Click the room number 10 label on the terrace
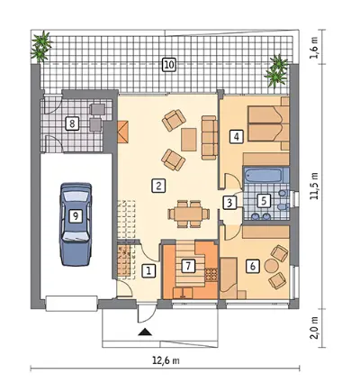[x=169, y=65]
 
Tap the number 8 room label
[x=72, y=123]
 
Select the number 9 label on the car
[x=76, y=215]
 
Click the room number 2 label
[x=158, y=186]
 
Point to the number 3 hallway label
[x=229, y=202]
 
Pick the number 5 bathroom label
[x=264, y=200]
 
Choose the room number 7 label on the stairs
[x=188, y=266]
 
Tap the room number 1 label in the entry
[x=148, y=270]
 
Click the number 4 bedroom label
[x=237, y=137]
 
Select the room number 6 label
[x=253, y=266]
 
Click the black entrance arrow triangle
[x=145, y=332]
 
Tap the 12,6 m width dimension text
[x=166, y=360]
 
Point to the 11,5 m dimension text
[x=315, y=187]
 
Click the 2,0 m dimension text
[x=315, y=328]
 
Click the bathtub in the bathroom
[x=263, y=175]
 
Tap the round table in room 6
[x=272, y=266]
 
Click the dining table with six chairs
[x=189, y=214]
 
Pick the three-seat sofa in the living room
[x=210, y=138]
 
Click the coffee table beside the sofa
[x=189, y=140]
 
